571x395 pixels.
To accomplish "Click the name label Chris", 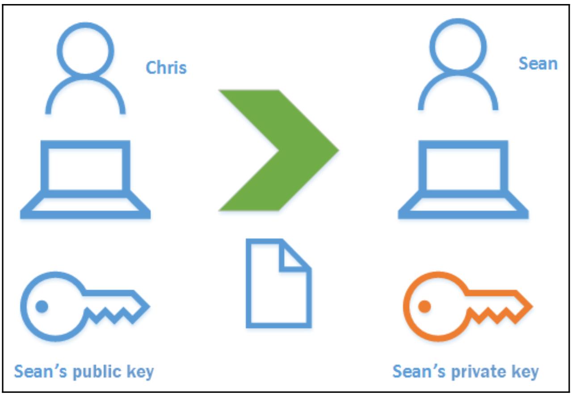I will click(x=166, y=68).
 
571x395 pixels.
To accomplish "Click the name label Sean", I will click(x=537, y=63).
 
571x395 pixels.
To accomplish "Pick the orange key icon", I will click(x=467, y=307).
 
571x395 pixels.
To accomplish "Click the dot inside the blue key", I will click(x=42, y=307).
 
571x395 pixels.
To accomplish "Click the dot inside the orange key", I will click(x=424, y=307).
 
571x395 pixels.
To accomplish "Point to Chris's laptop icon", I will click(x=85, y=179).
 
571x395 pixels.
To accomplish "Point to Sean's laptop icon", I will click(x=463, y=179).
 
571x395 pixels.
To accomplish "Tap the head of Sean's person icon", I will click(x=458, y=46).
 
